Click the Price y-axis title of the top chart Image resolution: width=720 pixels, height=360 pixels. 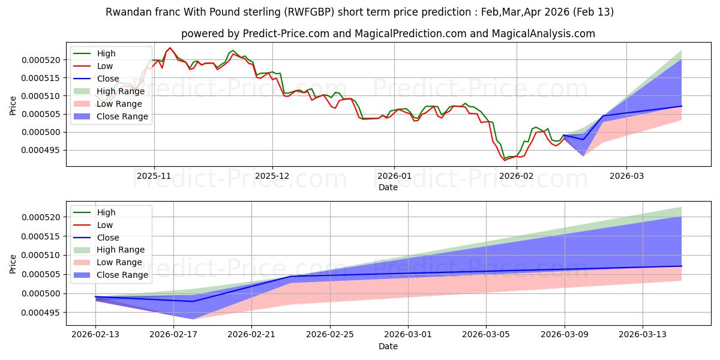[13, 106]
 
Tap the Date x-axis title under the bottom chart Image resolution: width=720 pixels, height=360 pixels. [388, 346]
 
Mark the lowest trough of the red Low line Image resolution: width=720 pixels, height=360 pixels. [505, 160]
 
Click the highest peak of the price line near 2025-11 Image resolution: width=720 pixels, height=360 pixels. [170, 48]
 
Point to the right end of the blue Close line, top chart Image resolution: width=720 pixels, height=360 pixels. [682, 106]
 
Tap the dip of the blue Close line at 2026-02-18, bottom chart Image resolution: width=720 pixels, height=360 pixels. [193, 301]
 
